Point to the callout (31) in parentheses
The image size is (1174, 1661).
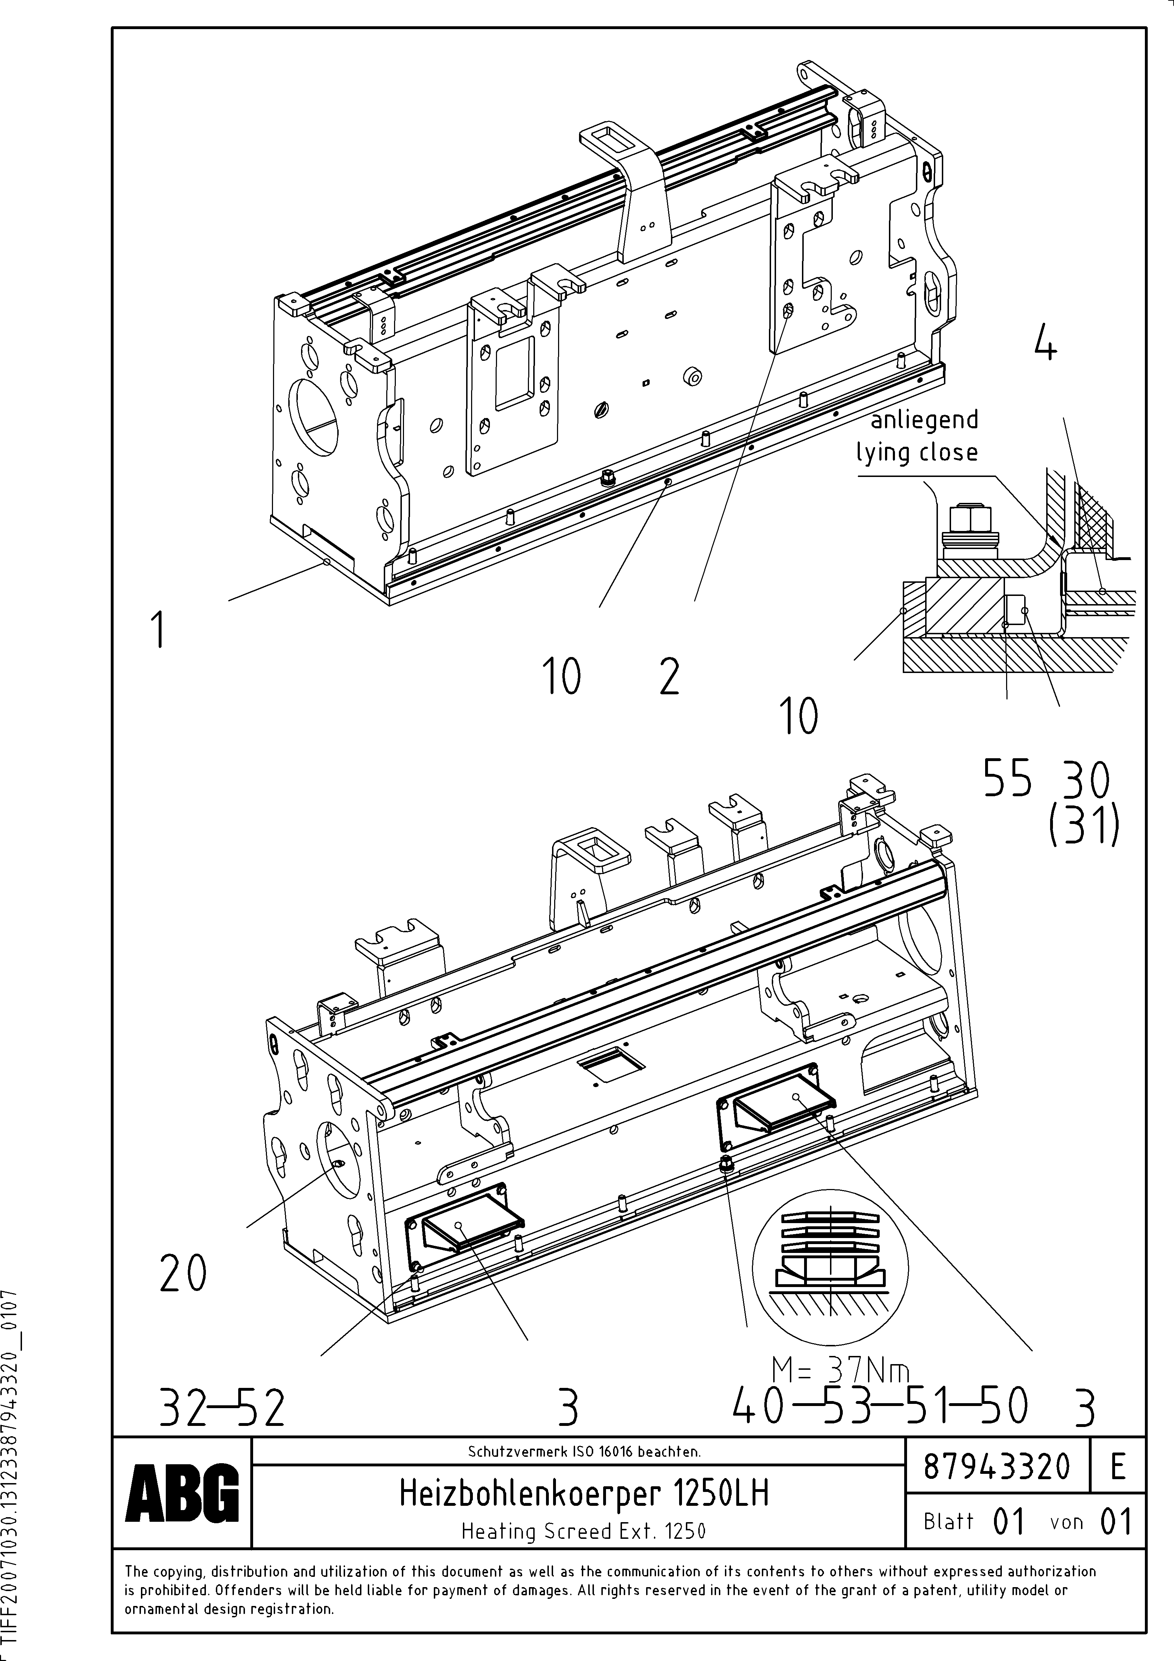point(1083,827)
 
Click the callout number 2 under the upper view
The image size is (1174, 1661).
point(669,678)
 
